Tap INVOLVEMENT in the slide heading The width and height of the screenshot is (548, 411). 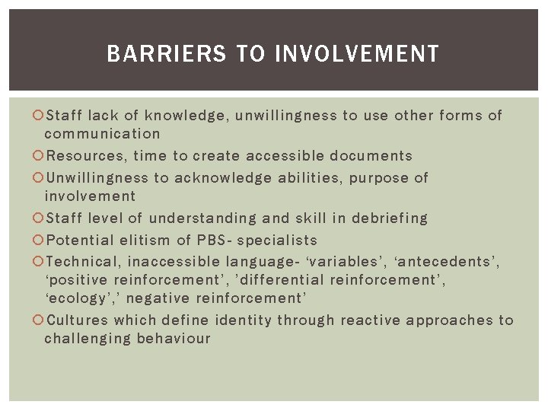(x=356, y=54)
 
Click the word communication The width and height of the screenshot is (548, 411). (x=102, y=134)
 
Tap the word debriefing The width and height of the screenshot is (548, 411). (x=390, y=218)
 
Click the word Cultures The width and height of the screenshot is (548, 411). (x=78, y=320)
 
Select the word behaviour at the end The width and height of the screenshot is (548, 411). (x=173, y=339)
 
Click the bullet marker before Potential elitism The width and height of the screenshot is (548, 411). (x=40, y=241)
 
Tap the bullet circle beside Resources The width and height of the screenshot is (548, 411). (x=40, y=156)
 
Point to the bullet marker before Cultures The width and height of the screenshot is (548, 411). (x=40, y=320)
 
